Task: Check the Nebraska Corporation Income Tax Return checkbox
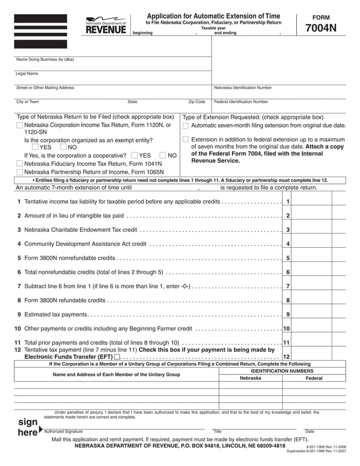click(x=20, y=125)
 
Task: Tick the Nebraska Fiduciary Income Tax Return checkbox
click(x=20, y=164)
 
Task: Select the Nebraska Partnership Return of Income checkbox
click(x=20, y=173)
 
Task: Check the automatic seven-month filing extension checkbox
click(x=186, y=125)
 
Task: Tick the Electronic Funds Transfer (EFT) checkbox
click(x=116, y=357)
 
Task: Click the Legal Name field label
click(x=27, y=73)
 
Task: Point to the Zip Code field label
click(x=196, y=102)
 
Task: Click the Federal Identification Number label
click(x=241, y=102)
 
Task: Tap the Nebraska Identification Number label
click(x=243, y=88)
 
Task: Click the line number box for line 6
click(x=288, y=272)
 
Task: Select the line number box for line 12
click(x=287, y=357)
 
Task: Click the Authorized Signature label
click(x=63, y=432)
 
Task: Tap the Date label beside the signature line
click(x=309, y=432)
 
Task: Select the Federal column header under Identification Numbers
click(x=314, y=378)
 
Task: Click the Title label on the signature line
click(x=217, y=432)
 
